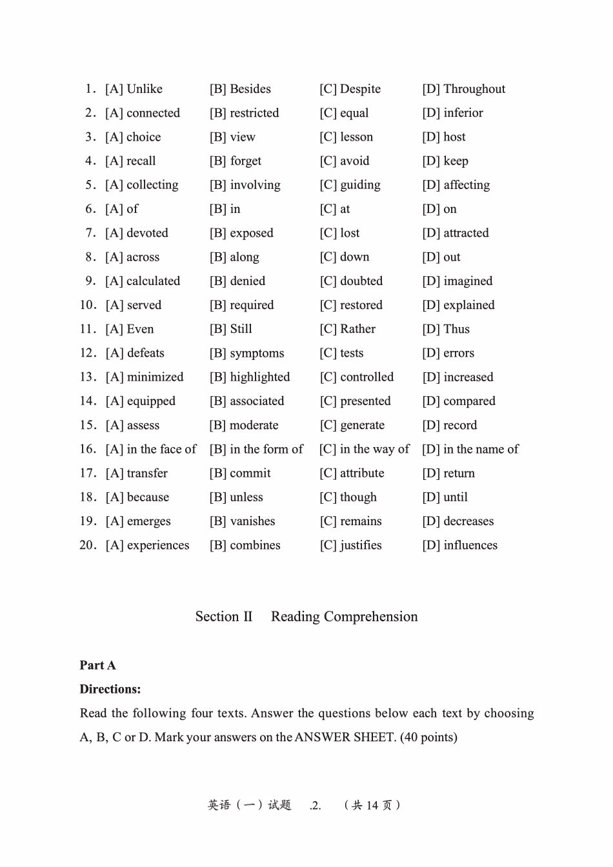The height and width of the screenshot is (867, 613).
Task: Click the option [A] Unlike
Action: [134, 89]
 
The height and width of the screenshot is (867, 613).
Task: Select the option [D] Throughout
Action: [463, 89]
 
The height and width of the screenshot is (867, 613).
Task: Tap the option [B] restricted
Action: [244, 113]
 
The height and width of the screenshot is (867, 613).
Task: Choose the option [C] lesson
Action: [346, 137]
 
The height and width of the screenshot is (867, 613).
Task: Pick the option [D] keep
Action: [445, 161]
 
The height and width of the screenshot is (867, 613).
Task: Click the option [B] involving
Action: [245, 185]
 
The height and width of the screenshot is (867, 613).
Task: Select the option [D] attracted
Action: [456, 233]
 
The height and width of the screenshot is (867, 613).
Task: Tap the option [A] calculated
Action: [143, 281]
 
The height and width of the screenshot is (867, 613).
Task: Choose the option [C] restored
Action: [350, 305]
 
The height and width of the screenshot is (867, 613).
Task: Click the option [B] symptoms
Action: [246, 354]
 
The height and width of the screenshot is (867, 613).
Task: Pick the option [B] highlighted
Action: [249, 377]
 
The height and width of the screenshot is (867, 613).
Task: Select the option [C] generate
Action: [352, 425]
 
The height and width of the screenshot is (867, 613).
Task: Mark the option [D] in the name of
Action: [470, 449]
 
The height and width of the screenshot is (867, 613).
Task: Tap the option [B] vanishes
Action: [242, 521]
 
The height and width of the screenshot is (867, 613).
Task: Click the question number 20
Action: [88, 545]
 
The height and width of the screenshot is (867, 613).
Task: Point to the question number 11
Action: [88, 329]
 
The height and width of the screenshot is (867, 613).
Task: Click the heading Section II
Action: [224, 617]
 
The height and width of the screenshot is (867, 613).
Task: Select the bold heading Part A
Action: [97, 665]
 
